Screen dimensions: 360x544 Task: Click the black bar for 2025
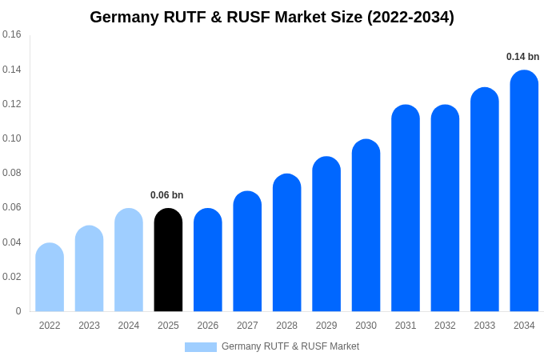[168, 260]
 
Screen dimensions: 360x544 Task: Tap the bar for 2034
[524, 192]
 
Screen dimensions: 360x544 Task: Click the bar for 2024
[129, 260]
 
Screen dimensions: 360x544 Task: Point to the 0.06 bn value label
[166, 195]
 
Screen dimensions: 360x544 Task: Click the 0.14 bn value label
[522, 57]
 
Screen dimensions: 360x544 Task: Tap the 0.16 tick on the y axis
[12, 34]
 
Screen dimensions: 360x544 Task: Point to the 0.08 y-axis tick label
[12, 173]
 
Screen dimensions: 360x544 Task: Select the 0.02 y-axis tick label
[12, 277]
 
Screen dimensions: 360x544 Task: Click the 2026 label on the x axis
[208, 326]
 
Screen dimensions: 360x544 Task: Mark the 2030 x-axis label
[366, 326]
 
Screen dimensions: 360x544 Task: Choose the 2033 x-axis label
[485, 326]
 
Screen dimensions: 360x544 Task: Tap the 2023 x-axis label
[89, 326]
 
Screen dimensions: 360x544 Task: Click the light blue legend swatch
[200, 347]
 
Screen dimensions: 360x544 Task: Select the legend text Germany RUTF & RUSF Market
[290, 346]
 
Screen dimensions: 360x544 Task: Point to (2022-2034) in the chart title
[410, 17]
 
